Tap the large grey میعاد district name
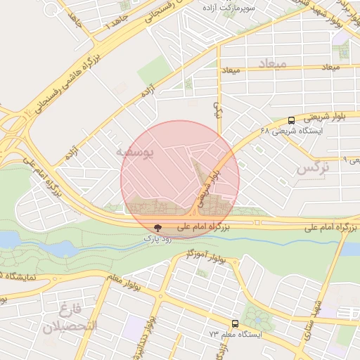pyautogui.click(x=271, y=65)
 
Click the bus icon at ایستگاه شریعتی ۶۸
pyautogui.click(x=292, y=120)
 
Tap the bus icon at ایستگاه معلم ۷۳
pyautogui.click(x=235, y=323)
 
